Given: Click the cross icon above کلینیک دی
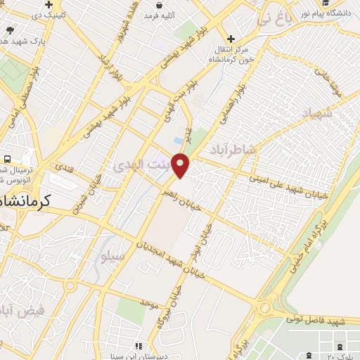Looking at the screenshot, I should (49, 5).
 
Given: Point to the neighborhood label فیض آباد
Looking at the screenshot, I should (21, 309).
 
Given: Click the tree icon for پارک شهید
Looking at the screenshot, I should (8, 31).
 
